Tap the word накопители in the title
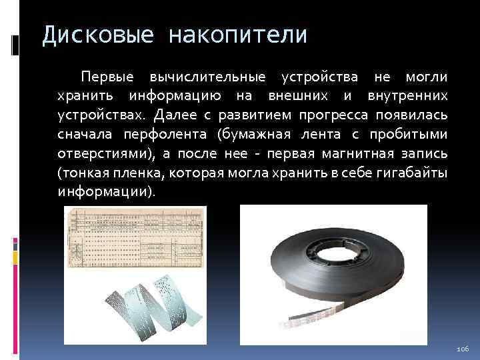239,35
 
